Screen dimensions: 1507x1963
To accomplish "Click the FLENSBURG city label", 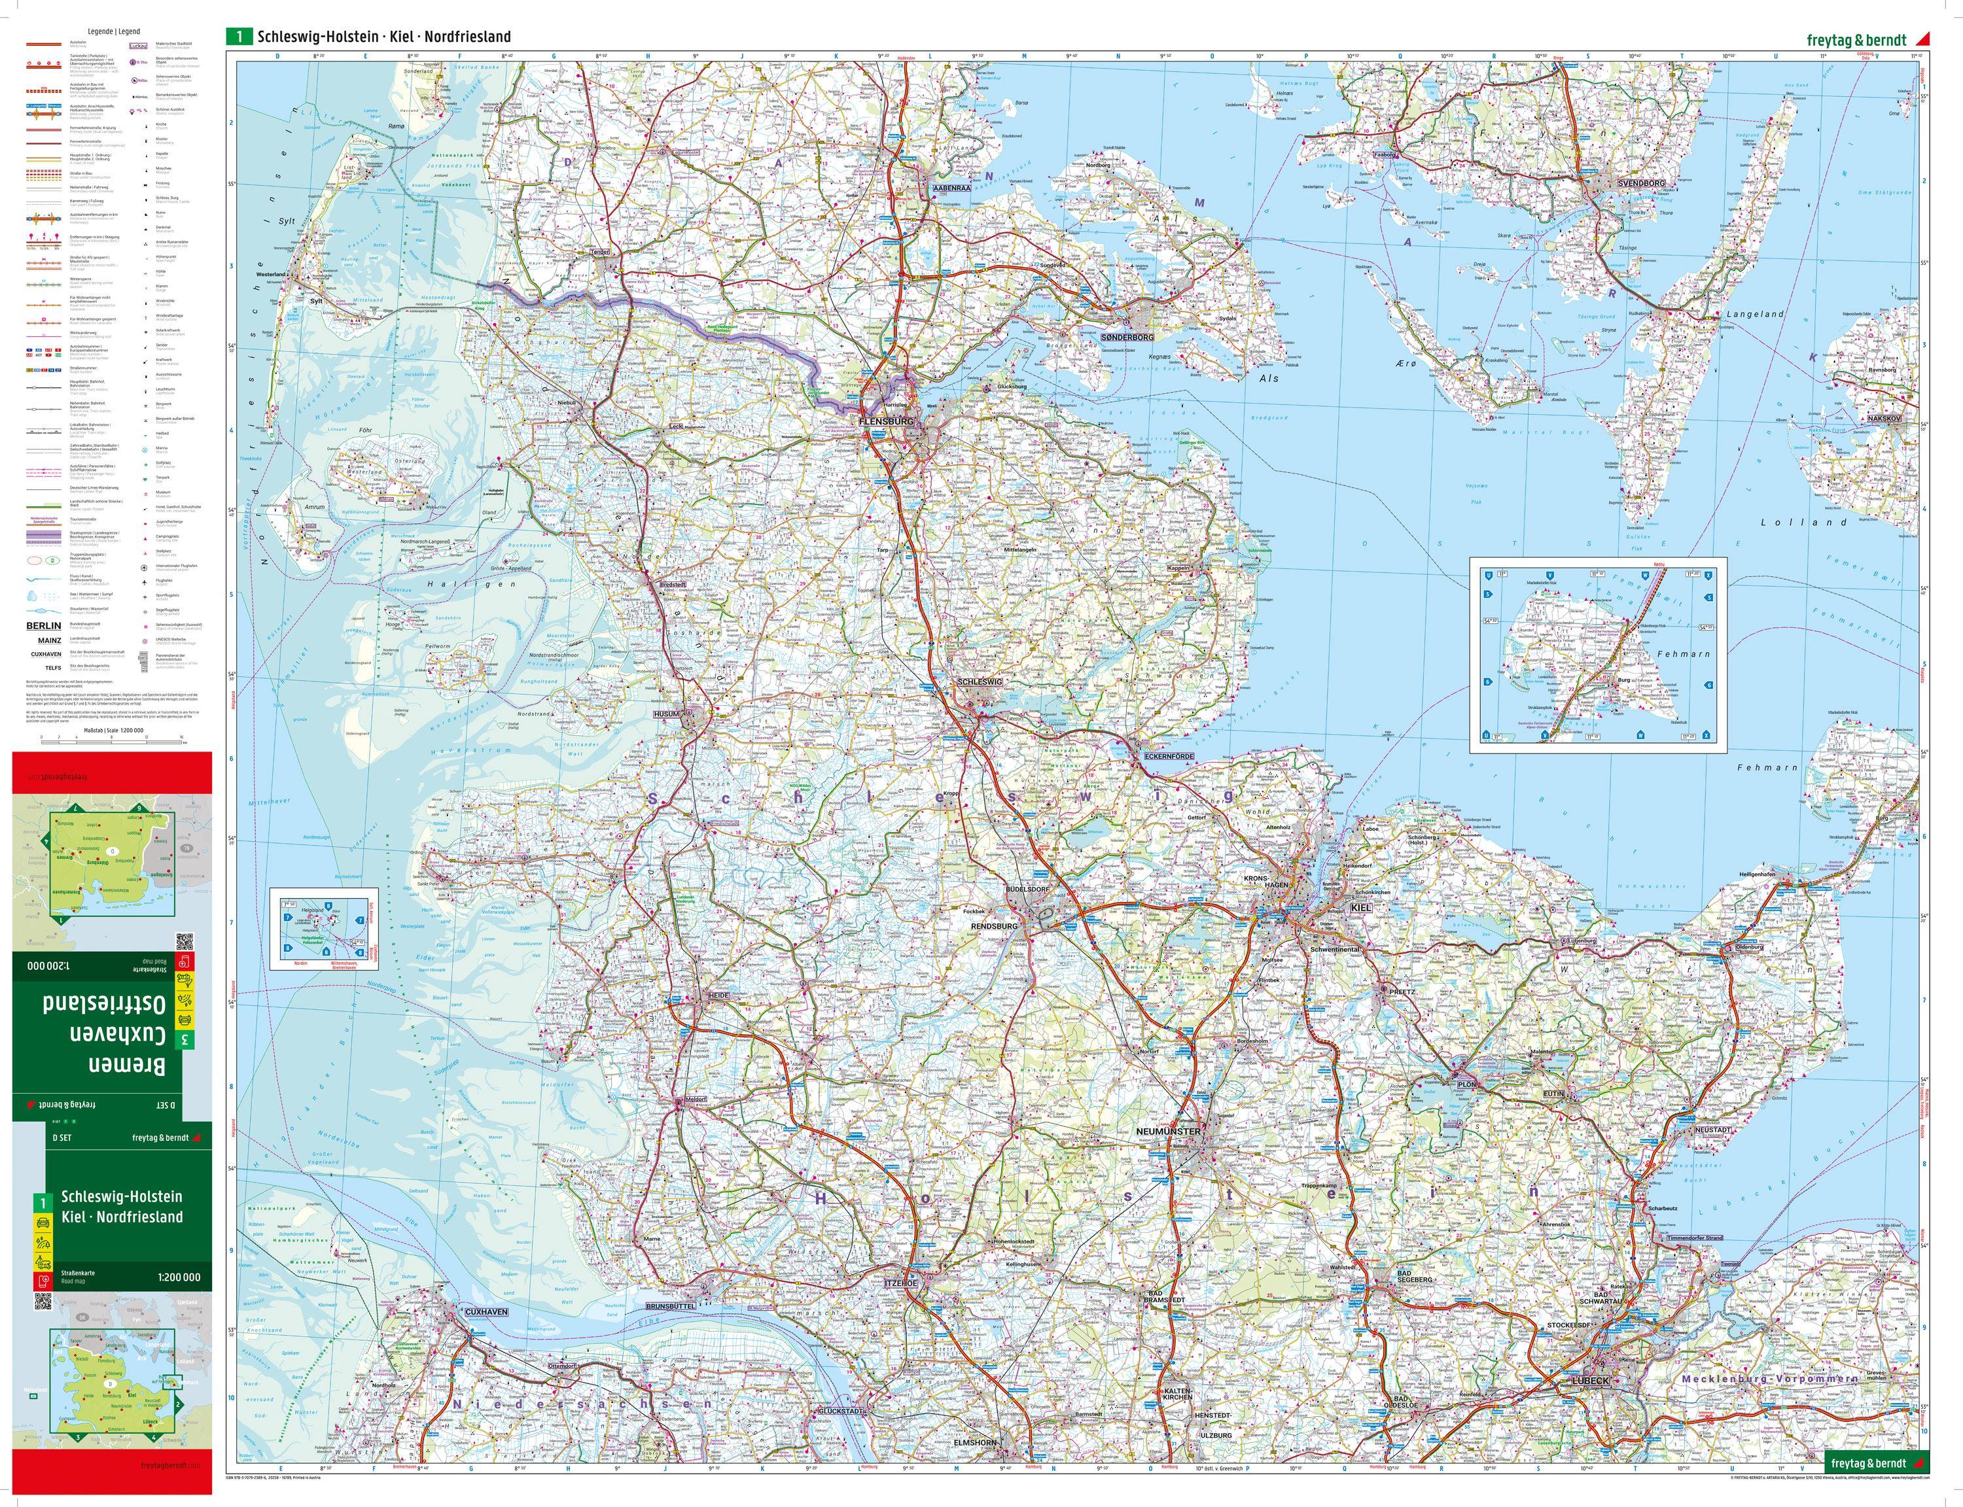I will pos(885,421).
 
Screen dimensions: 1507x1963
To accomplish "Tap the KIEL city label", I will pos(1361,908).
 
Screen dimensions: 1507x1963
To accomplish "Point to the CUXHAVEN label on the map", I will pos(486,1311).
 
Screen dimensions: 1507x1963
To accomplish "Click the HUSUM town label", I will pos(667,714).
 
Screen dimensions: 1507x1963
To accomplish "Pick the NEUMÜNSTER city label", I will pos(1167,1132).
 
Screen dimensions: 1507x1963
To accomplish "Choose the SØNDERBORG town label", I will pos(1127,336).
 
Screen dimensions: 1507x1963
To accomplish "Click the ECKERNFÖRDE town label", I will pos(1168,757).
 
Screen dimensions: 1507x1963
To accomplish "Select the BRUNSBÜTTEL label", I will pos(669,1307).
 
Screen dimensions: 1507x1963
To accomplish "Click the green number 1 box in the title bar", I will pos(239,37).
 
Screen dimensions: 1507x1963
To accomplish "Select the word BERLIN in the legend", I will pos(43,626).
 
